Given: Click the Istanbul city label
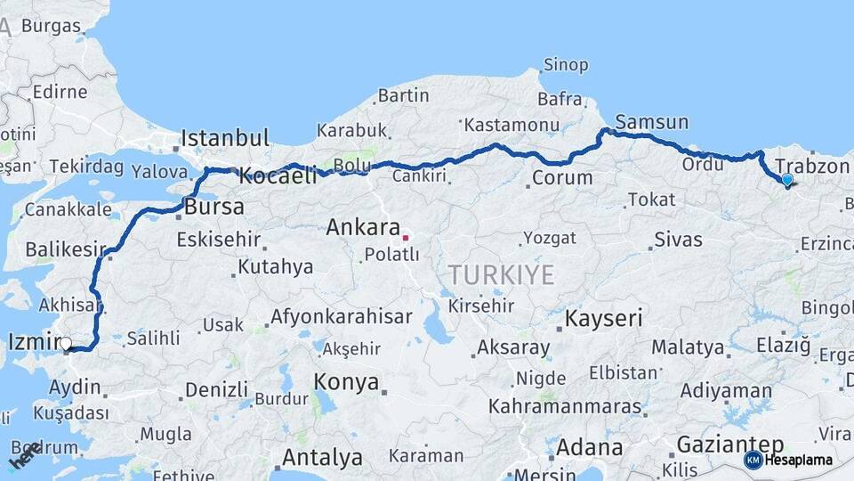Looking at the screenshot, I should click(224, 138).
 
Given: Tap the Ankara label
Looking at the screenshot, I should click(362, 227).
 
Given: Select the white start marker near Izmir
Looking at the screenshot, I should click(65, 343).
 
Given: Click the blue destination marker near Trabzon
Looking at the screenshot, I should click(786, 180).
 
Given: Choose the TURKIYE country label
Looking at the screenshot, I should click(501, 274).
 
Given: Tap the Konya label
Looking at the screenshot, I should click(345, 382).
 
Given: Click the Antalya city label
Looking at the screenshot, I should click(322, 458).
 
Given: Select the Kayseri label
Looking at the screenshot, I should click(604, 318).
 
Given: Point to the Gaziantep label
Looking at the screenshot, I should click(729, 444).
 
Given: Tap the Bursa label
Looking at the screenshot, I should click(214, 208).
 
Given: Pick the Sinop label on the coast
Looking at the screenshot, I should click(566, 65).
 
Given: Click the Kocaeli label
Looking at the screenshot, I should click(278, 176).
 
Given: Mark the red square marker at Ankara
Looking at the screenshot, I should click(406, 238).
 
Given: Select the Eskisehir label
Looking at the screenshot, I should click(219, 240).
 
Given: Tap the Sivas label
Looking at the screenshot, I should click(678, 240).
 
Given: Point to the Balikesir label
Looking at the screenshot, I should click(66, 249).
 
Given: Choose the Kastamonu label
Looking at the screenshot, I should click(512, 125).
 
